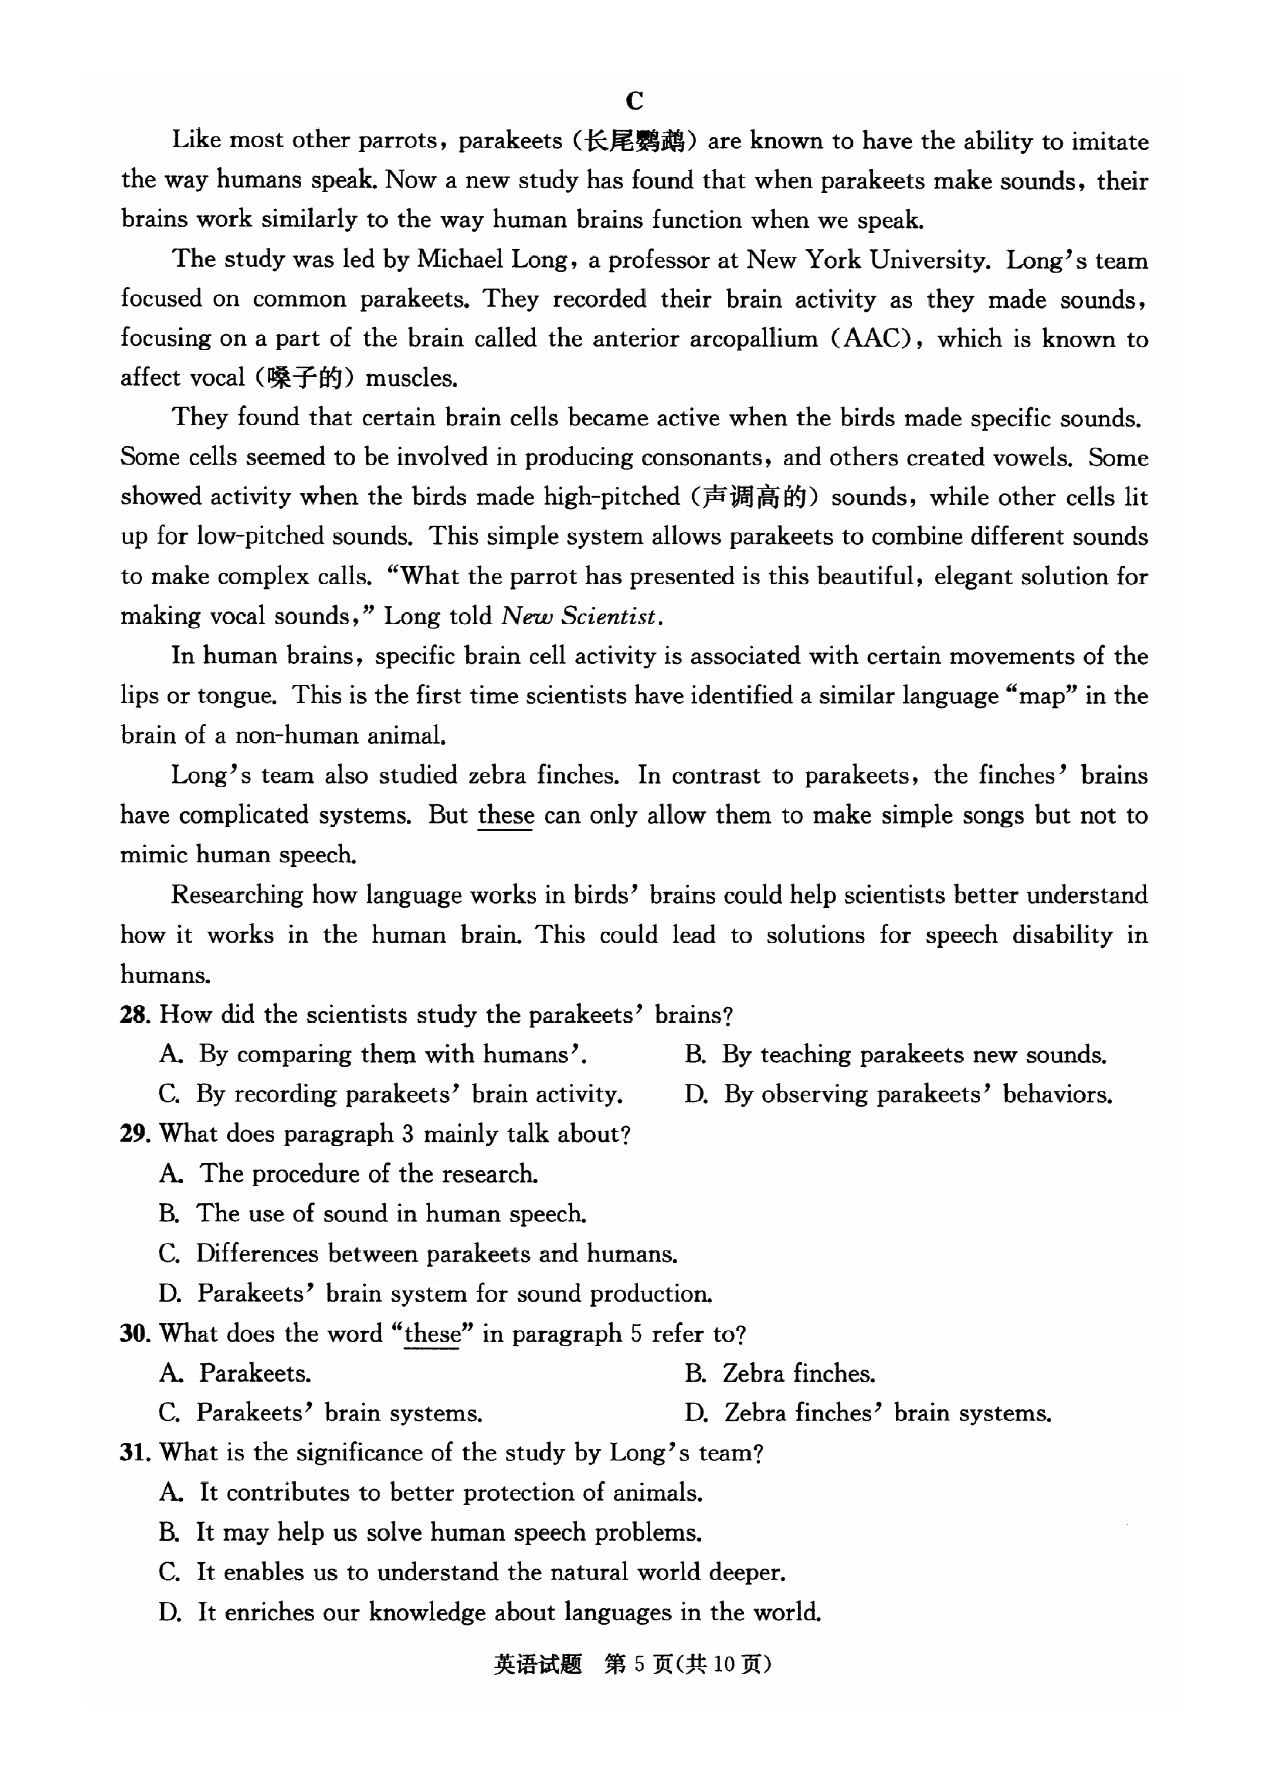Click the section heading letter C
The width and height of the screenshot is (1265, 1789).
coord(634,101)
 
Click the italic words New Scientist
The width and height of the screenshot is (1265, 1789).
coord(580,617)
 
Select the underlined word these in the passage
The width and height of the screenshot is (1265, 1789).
coord(505,815)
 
